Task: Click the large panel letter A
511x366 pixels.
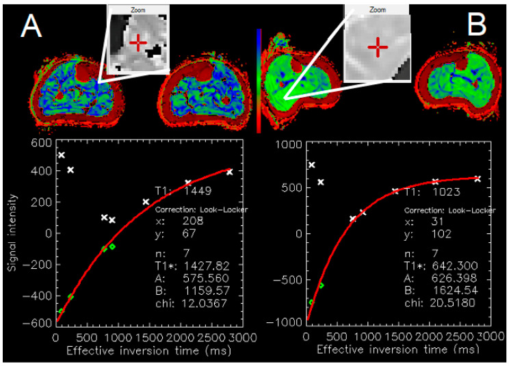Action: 31,25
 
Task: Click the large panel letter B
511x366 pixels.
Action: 477,25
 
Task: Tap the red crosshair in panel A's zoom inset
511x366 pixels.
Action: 138,42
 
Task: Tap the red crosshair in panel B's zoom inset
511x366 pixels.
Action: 378,47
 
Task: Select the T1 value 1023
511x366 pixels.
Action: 447,192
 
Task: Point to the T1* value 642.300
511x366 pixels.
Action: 455,265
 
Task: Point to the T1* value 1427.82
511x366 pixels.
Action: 207,266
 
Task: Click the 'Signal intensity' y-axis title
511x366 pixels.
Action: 12,233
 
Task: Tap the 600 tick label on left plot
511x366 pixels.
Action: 42,143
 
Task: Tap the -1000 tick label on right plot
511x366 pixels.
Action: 284,322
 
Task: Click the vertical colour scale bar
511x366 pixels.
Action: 259,81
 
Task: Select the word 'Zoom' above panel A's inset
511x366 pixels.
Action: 138,10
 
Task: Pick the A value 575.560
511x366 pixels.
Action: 206,278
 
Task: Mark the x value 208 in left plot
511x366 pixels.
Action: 193,221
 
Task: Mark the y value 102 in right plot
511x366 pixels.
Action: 442,234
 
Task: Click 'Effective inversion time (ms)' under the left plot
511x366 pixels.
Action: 149,351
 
